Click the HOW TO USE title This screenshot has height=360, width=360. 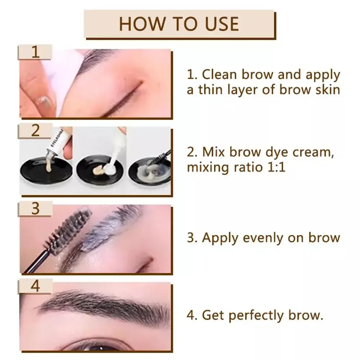[179, 23]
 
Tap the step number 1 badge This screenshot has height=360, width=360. [35, 52]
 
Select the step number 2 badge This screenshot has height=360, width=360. [35, 131]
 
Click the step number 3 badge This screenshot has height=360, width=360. [35, 209]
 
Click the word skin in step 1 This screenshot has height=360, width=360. [327, 89]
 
